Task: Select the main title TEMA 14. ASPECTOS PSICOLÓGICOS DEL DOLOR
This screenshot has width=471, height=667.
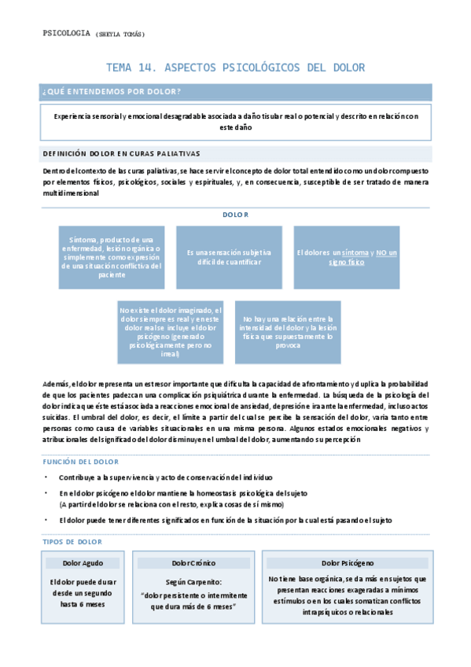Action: tap(236, 68)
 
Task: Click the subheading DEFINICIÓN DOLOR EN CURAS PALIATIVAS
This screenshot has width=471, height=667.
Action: tap(121, 153)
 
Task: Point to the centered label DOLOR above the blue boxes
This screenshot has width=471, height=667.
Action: tap(235, 214)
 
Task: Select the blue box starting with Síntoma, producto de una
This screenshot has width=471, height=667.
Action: tap(111, 256)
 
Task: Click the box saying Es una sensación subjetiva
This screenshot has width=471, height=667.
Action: tap(229, 256)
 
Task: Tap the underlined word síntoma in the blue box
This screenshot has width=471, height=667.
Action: tap(355, 252)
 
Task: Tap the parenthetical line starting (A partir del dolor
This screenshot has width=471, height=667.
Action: tap(171, 503)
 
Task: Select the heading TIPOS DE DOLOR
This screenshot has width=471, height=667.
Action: tap(72, 542)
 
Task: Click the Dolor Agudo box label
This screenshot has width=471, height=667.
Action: tap(83, 563)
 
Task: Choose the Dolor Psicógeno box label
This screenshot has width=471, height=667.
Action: tap(348, 563)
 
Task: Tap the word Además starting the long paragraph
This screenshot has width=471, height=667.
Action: tap(55, 383)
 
